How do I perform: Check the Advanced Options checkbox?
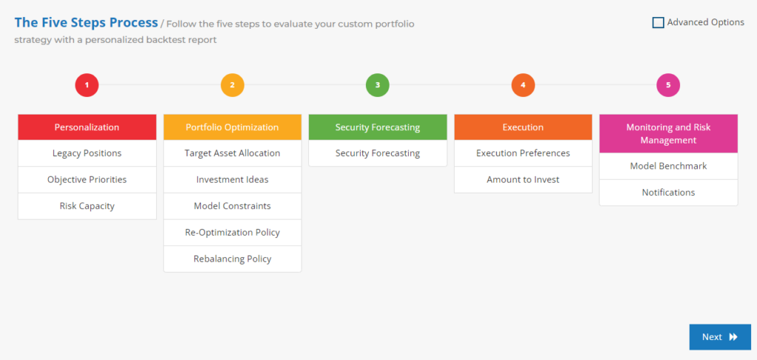click(658, 23)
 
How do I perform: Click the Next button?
click(720, 337)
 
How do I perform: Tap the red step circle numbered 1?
click(87, 85)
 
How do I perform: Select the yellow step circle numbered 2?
click(232, 85)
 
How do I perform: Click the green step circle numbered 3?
click(378, 85)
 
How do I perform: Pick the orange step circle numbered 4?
click(523, 85)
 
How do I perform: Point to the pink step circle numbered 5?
click(668, 85)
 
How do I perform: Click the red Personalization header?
click(87, 127)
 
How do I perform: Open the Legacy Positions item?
click(87, 154)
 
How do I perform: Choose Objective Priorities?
click(87, 180)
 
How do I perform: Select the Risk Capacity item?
click(87, 206)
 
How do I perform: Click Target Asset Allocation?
click(232, 154)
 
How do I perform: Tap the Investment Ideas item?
click(232, 180)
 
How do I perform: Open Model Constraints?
click(232, 206)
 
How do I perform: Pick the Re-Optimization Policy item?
click(232, 233)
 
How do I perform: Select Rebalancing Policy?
click(232, 259)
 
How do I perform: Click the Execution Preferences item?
click(523, 154)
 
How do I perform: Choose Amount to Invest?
click(523, 180)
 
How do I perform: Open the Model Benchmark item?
click(668, 166)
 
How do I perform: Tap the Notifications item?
click(668, 192)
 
